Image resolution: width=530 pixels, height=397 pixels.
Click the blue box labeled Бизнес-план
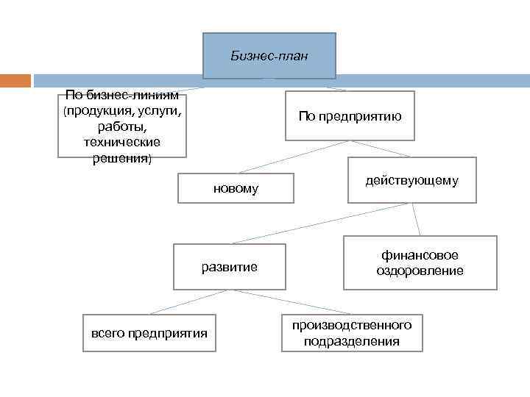click(x=269, y=55)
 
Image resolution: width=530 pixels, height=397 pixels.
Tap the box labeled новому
click(x=236, y=188)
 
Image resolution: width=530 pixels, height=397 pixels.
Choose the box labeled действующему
click(x=411, y=180)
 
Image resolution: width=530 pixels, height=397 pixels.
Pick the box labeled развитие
click(x=230, y=266)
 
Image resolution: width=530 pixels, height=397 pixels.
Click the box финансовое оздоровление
click(x=420, y=262)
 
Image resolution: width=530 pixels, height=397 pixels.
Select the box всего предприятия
click(x=149, y=334)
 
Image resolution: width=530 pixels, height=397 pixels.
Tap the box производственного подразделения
click(x=352, y=333)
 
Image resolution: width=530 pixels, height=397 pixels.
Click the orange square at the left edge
click(x=15, y=80)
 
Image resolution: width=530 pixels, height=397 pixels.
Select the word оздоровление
click(x=420, y=271)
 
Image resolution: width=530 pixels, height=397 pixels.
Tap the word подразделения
click(x=352, y=341)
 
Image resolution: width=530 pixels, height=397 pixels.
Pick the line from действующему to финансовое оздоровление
click(x=416, y=219)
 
